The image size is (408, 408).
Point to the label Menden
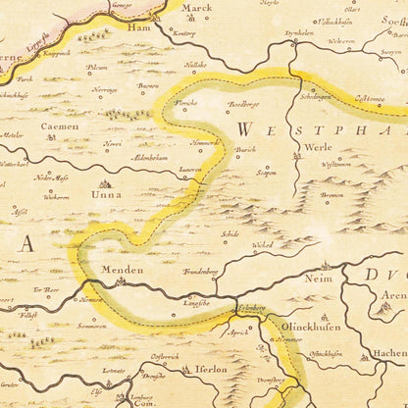pyautogui.click(x=120, y=269)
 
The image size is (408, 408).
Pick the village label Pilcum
pyautogui.click(x=96, y=68)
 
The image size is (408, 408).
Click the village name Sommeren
pyautogui.click(x=92, y=325)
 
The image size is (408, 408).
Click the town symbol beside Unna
pyautogui.click(x=106, y=183)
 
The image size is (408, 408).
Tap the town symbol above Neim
pyautogui.click(x=326, y=265)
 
